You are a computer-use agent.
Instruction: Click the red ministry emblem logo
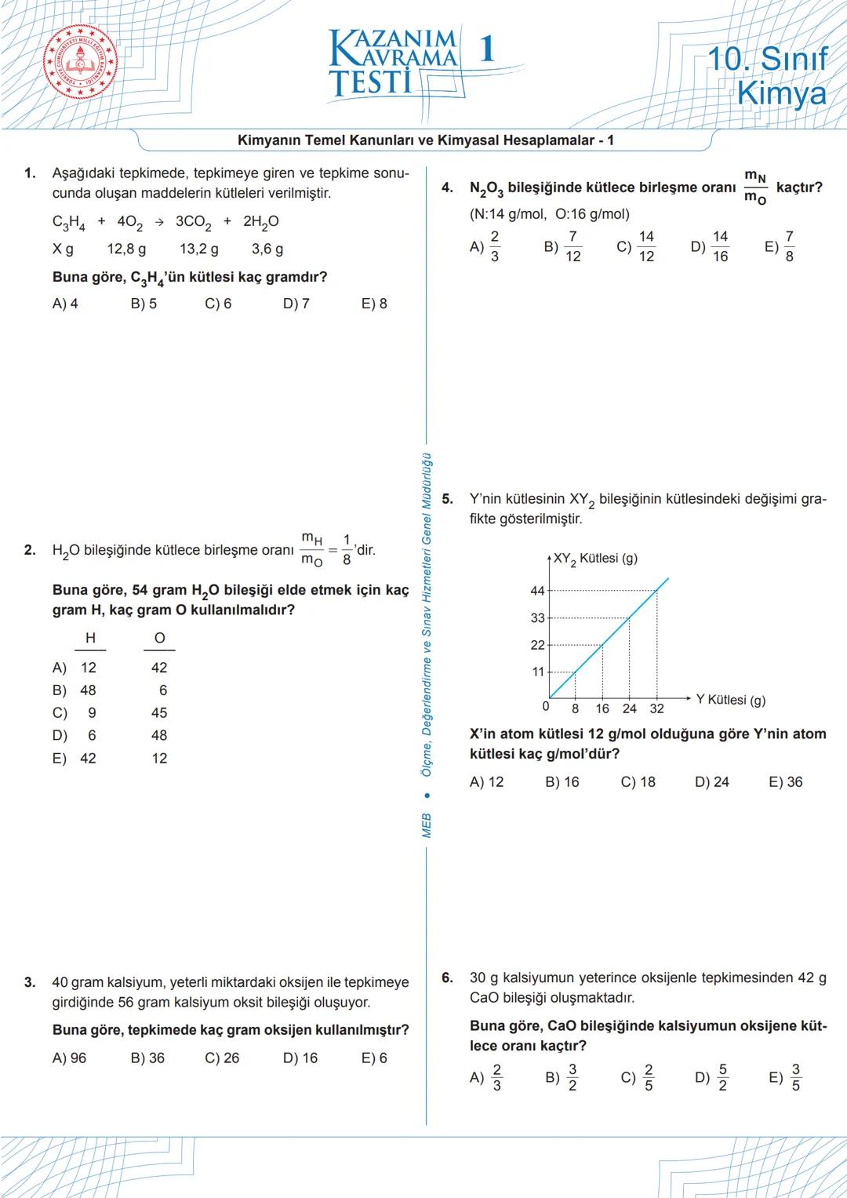[80, 65]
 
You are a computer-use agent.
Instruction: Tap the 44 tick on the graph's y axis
[537, 590]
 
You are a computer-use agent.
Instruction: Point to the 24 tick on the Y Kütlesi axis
[630, 708]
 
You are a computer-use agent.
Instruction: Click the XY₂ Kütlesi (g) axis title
[595, 559]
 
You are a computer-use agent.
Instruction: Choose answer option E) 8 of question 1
[374, 304]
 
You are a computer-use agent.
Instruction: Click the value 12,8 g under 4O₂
[126, 249]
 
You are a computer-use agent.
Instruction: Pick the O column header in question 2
[159, 639]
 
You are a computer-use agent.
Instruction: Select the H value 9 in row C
[92, 712]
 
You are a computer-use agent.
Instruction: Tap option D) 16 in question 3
[300, 1058]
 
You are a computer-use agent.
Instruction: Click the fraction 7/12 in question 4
[573, 246]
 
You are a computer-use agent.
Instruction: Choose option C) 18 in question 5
[638, 781]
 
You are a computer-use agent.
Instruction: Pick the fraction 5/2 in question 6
[722, 1077]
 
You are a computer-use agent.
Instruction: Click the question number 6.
[447, 978]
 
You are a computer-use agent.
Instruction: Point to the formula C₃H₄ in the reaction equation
[68, 222]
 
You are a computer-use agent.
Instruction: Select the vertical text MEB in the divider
[427, 825]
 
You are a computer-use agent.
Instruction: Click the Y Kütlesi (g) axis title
[730, 700]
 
